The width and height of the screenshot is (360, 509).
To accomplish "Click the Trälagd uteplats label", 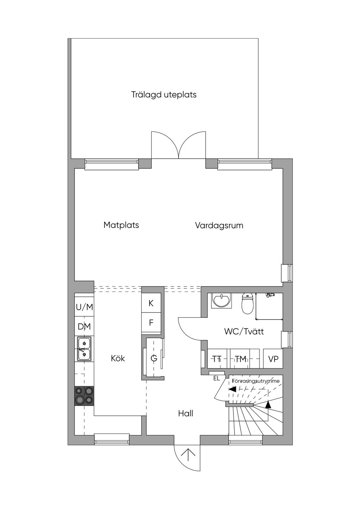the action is (x=164, y=95).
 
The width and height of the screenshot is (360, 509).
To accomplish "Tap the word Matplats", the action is (x=121, y=225).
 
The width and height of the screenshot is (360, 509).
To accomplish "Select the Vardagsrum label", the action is (x=219, y=225).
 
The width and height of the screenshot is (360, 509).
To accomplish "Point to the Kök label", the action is (x=118, y=358).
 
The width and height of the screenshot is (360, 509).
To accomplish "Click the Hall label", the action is (x=186, y=413).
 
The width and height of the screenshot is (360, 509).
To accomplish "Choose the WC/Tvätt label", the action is (x=244, y=331).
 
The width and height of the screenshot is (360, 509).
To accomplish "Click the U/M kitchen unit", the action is (x=84, y=307).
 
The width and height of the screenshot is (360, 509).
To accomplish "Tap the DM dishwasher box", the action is (x=84, y=327).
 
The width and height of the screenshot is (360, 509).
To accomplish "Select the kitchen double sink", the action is (x=84, y=349).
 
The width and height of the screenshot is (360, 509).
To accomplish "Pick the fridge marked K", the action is (x=151, y=303).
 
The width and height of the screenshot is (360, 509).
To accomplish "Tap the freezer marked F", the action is (x=151, y=322).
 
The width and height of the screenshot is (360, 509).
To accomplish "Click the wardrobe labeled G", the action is (x=154, y=358).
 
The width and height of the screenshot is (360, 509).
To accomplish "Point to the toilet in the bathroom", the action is (x=247, y=304).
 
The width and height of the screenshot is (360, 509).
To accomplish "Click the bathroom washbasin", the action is (x=221, y=301).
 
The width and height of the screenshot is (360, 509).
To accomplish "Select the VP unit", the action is (x=273, y=359).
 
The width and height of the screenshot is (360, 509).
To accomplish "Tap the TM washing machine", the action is (x=240, y=359).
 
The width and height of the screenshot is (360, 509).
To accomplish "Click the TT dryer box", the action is (x=217, y=359).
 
